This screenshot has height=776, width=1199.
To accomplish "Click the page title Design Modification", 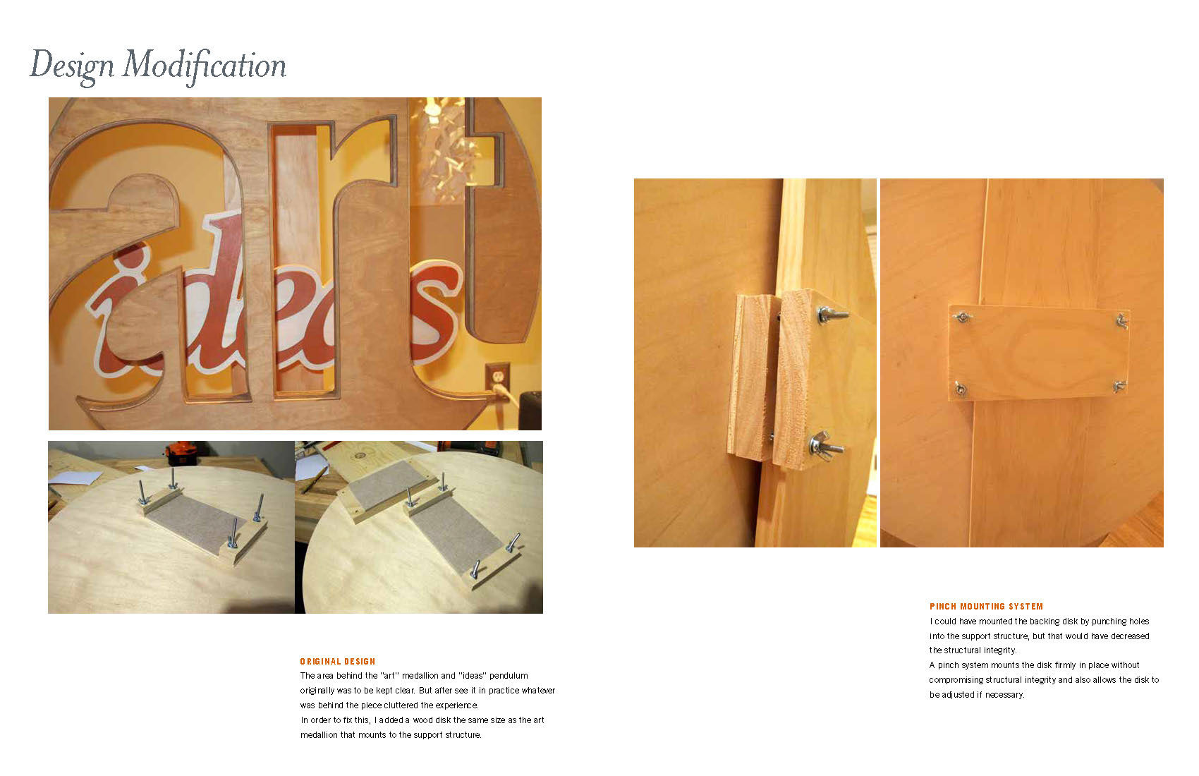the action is [x=158, y=66].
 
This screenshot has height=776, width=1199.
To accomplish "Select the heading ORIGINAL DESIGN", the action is [x=338, y=662].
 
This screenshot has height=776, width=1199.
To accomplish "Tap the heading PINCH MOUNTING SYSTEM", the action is [x=987, y=606].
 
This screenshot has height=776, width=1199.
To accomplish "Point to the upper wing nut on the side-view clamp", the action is [x=832, y=315].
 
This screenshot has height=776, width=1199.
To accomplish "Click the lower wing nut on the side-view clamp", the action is [x=826, y=446].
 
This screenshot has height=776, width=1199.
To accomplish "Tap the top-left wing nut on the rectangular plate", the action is [x=963, y=317].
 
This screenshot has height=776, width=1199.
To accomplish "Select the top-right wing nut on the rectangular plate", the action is [x=1122, y=321].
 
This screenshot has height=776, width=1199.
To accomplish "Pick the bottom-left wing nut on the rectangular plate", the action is [x=961, y=388].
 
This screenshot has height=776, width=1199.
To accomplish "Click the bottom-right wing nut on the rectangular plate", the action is [x=1119, y=386].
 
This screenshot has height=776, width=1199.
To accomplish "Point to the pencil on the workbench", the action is [x=315, y=478].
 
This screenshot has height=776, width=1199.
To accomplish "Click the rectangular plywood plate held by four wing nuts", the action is [x=1038, y=353].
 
